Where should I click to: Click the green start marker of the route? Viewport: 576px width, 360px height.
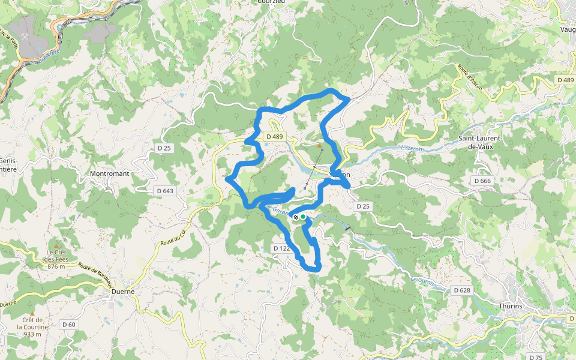tap(303, 217)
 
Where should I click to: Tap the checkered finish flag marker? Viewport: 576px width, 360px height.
tap(296, 217)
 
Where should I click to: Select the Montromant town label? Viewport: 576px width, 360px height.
tap(109, 173)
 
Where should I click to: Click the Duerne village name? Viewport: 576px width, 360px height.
tap(123, 292)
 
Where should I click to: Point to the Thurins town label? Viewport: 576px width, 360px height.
tap(511, 306)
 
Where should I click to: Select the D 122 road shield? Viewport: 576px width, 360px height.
tap(282, 248)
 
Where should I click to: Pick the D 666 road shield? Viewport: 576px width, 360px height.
tap(482, 181)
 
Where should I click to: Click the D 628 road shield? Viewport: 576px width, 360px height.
tap(461, 290)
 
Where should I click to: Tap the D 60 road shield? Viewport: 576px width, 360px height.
tap(69, 324)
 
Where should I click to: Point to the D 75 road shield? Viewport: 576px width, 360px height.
tap(536, 357)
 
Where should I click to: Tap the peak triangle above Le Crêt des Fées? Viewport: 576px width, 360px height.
tap(56, 246)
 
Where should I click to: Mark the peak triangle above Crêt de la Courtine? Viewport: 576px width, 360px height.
tap(32, 313)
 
